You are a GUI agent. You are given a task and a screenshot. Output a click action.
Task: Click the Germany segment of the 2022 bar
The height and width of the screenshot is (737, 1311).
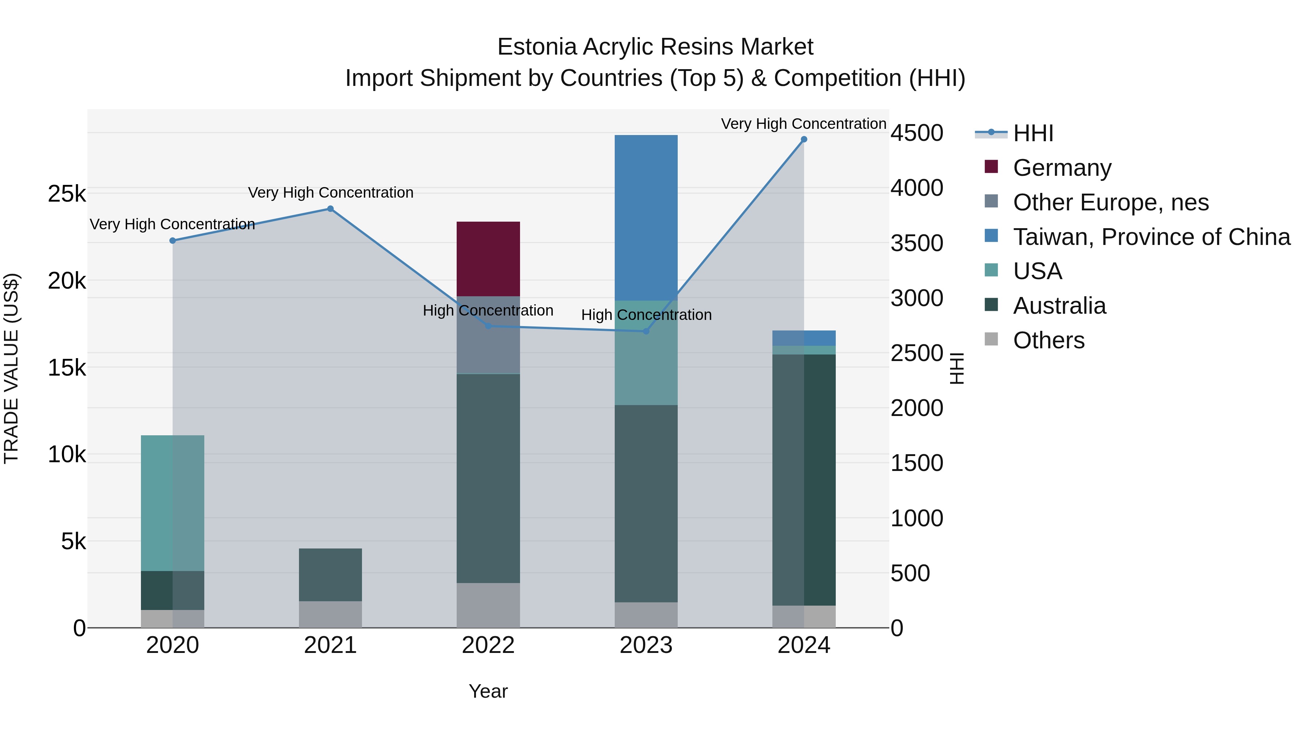488,258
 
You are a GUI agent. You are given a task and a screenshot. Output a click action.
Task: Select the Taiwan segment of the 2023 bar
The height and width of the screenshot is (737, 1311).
646,217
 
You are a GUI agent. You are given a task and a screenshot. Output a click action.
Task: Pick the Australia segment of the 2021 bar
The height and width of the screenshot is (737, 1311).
330,574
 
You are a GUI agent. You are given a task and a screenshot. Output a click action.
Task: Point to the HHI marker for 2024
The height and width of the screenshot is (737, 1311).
804,139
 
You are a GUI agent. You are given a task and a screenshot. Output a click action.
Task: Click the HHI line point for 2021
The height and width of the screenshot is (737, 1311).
330,209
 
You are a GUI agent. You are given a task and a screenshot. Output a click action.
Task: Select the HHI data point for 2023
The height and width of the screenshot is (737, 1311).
646,331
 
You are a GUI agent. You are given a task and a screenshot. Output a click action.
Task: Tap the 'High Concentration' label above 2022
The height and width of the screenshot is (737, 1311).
488,310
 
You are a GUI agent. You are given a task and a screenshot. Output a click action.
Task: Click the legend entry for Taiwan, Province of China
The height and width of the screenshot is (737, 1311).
1151,237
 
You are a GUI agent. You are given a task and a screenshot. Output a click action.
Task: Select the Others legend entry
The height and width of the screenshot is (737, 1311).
1048,340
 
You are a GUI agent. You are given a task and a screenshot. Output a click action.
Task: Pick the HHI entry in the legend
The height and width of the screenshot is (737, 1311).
1033,133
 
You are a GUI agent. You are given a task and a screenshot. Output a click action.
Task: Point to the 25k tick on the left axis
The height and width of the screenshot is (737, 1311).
67,193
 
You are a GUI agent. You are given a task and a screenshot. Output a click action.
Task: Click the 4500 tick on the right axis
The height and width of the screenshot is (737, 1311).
917,133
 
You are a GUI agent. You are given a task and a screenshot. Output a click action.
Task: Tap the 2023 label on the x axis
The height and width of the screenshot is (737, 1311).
646,645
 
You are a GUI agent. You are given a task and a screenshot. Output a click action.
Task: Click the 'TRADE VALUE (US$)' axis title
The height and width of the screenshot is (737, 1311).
11,368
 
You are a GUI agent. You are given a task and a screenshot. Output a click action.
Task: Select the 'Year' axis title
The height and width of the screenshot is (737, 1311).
488,691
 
